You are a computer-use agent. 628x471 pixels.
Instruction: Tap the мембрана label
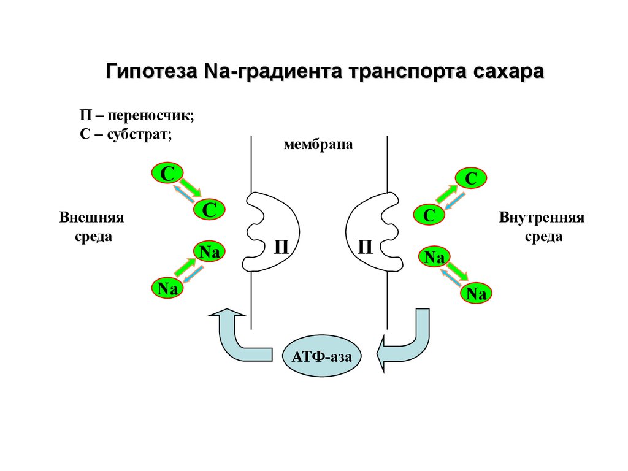pos(318,145)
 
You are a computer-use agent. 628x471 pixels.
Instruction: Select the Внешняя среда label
pos(91,227)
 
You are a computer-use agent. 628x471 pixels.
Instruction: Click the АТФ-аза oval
pos(322,356)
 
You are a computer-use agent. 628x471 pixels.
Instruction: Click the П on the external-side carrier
pos(281,247)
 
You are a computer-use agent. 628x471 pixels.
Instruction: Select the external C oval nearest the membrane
pos(210,210)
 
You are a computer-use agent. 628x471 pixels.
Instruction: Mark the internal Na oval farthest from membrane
pos(476,294)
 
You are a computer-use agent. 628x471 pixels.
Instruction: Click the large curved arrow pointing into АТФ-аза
pos(405,343)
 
